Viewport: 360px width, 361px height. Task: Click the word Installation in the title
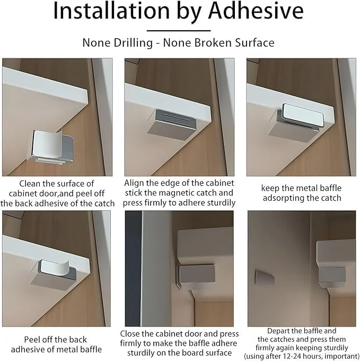(x=111, y=11)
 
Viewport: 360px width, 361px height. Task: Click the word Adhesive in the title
(x=256, y=11)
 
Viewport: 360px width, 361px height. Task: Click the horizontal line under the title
(x=179, y=30)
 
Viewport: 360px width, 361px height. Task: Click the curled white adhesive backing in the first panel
(x=47, y=144)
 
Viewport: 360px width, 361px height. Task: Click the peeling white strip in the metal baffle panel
(x=55, y=268)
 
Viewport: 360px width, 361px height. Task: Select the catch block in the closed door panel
(x=197, y=273)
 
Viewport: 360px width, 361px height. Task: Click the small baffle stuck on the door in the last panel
(x=265, y=278)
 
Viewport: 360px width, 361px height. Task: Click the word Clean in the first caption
(x=30, y=184)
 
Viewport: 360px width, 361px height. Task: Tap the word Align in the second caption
(x=134, y=183)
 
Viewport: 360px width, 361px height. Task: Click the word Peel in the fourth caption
(x=32, y=339)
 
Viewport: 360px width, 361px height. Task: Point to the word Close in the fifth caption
(x=130, y=333)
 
